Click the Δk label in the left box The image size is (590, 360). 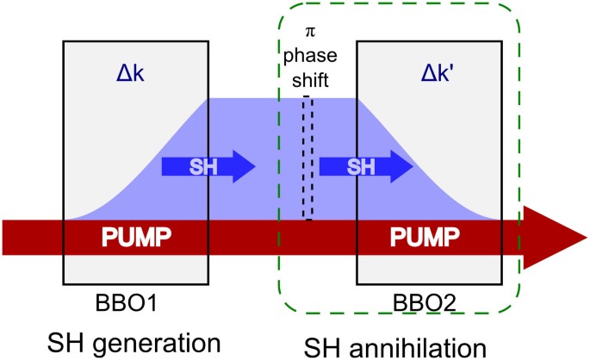(134, 76)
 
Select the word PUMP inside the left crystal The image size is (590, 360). (134, 237)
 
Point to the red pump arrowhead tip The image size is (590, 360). (586, 237)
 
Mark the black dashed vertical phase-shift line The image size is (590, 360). (307, 159)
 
